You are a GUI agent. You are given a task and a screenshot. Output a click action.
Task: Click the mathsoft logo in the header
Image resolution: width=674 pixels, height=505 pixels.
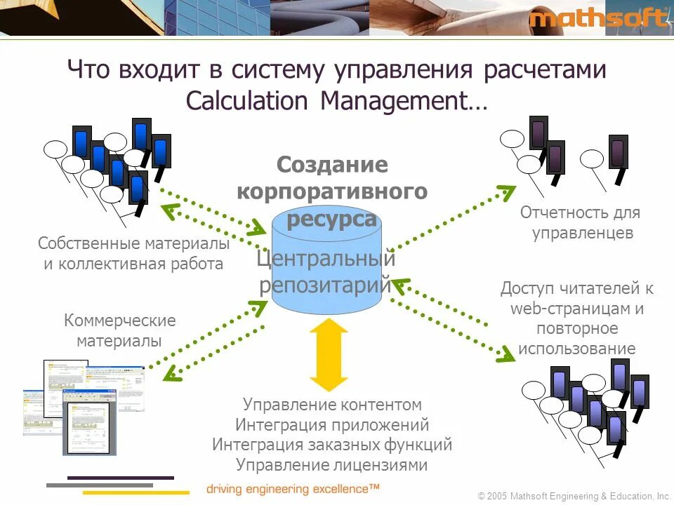(598, 18)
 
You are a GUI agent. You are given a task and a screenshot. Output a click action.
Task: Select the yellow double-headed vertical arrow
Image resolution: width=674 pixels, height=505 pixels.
(329, 355)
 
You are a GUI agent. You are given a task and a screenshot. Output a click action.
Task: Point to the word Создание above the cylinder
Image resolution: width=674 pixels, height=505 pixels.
(332, 165)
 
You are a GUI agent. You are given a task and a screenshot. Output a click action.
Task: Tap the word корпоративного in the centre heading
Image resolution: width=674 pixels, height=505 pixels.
(332, 191)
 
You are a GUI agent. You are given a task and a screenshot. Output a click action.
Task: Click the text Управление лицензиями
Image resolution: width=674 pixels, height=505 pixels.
(331, 464)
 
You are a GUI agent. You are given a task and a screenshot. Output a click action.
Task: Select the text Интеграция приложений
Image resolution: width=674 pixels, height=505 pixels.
(332, 424)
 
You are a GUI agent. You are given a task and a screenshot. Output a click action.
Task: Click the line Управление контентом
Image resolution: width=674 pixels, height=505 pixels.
(332, 405)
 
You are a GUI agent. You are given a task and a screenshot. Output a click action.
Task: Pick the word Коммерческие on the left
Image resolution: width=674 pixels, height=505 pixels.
(120, 321)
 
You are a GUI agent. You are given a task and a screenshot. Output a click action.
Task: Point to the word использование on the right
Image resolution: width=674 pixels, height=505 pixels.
(576, 349)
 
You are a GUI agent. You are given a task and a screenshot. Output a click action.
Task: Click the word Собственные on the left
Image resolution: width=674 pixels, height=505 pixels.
(89, 244)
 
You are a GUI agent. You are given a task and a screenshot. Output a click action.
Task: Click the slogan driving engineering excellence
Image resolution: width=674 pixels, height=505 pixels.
(293, 488)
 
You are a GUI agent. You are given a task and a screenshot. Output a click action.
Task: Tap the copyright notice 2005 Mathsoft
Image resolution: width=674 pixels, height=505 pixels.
(574, 496)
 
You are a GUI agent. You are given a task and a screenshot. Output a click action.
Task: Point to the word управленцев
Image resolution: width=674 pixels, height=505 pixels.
(583, 233)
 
